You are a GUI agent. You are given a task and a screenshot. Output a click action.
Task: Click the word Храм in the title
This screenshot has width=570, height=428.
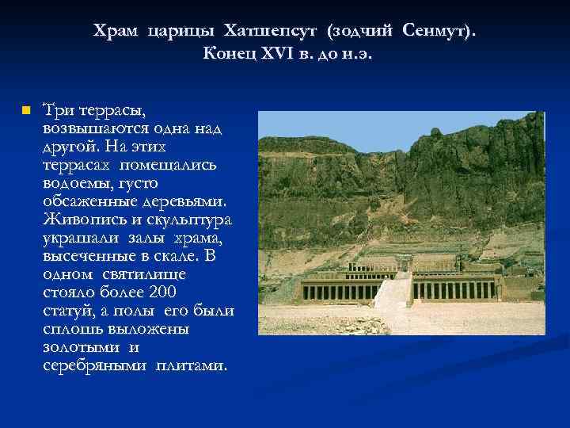[116, 31]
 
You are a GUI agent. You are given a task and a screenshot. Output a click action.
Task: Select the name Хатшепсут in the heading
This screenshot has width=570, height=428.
[268, 31]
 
